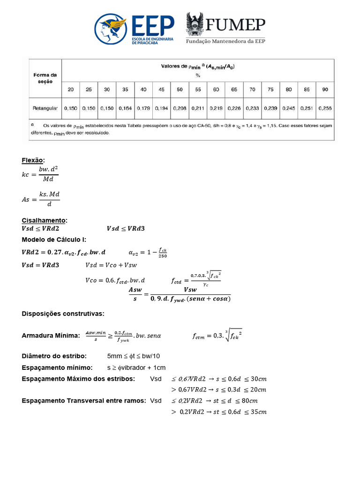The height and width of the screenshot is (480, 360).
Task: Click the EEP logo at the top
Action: click(134, 29)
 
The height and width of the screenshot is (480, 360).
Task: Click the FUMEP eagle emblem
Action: click(195, 24)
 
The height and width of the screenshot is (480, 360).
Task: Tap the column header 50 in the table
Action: click(180, 89)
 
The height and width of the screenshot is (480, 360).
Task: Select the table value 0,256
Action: click(325, 108)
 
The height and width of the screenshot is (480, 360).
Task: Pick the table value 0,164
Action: click(125, 108)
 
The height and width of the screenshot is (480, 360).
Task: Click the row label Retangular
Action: click(45, 108)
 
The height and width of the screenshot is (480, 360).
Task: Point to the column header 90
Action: click(325, 89)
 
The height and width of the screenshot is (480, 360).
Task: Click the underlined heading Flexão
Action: click(33, 160)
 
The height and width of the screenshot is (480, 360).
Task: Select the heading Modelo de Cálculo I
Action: click(54, 240)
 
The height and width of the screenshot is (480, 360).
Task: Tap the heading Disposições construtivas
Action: click(63, 313)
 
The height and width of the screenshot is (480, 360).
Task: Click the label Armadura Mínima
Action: click(51, 336)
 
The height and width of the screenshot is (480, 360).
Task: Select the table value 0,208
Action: click(180, 108)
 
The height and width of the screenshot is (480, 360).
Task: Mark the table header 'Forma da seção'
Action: click(45, 78)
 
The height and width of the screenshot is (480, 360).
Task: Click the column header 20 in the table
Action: click(70, 89)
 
